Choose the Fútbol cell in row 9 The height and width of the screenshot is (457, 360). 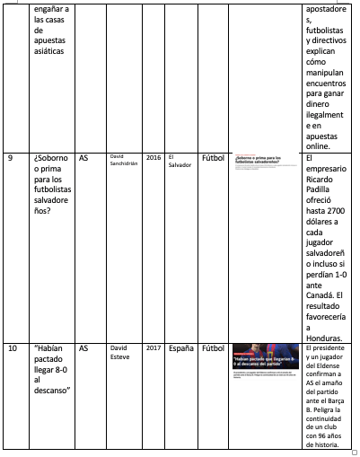[213, 158]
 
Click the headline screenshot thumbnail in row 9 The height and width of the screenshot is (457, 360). [265, 163]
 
